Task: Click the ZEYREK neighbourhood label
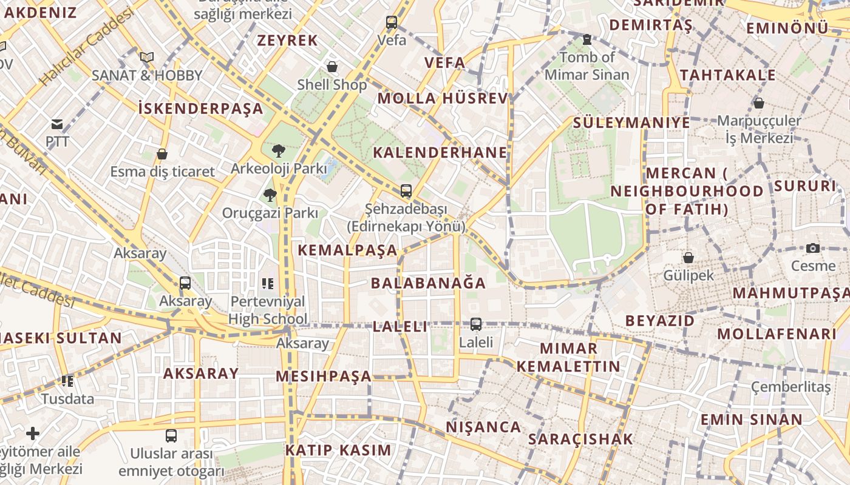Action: point(287,41)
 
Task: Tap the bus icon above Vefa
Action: point(392,23)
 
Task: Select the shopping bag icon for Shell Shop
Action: point(332,66)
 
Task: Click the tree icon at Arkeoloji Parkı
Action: point(279,150)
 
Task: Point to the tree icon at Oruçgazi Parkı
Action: point(270,195)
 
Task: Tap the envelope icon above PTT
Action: point(57,124)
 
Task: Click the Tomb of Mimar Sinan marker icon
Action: point(586,40)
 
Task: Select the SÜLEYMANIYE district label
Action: point(631,122)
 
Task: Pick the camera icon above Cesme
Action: point(813,248)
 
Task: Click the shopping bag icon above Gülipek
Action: point(688,258)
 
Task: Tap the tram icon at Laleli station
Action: point(476,324)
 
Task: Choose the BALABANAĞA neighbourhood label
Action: point(428,283)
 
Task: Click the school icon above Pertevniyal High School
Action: point(268,283)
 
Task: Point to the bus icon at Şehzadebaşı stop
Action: point(406,191)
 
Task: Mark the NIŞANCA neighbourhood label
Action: point(483,427)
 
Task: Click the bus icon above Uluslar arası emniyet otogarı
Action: point(171,435)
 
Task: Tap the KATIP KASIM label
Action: point(338,450)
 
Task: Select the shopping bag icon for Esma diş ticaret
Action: point(162,154)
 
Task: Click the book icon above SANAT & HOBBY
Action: point(146,58)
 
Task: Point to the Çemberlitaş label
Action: point(790,387)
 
